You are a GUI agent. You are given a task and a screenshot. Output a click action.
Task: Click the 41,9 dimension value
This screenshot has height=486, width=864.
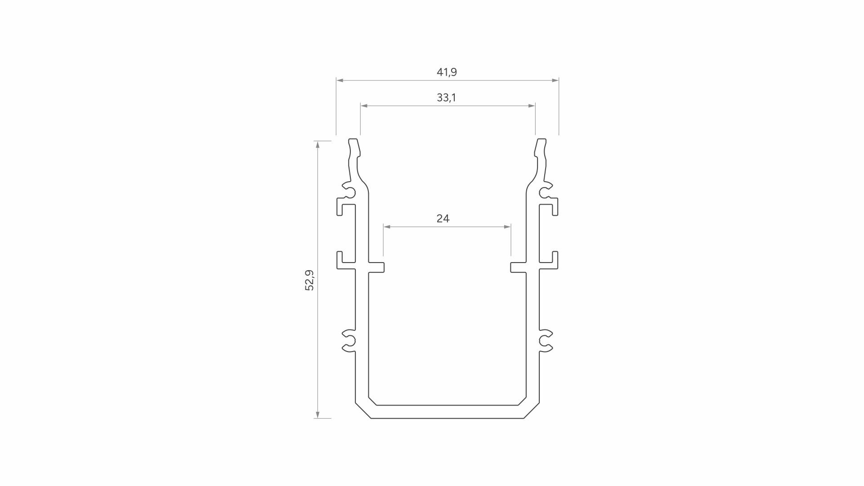tap(447, 72)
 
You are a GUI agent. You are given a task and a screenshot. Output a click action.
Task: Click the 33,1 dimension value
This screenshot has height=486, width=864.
tap(446, 98)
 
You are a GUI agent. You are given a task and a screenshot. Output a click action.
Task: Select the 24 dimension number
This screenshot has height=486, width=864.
tap(443, 218)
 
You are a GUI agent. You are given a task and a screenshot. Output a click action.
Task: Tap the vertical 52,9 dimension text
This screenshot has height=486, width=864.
tap(309, 280)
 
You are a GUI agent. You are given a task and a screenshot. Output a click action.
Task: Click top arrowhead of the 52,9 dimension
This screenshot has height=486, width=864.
tap(318, 144)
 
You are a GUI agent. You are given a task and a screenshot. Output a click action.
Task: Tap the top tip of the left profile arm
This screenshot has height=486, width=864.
tap(354, 140)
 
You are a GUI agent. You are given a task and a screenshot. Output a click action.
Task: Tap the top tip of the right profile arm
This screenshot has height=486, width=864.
tap(542, 140)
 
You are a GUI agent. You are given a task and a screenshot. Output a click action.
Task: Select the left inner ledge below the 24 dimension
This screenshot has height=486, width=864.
tap(377, 268)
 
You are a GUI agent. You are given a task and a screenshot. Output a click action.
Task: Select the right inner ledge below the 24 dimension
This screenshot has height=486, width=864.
tap(518, 268)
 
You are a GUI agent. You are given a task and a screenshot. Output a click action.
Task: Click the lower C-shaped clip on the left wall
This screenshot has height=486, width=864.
tap(349, 340)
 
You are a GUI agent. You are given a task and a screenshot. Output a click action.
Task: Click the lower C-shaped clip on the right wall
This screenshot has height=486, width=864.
tap(546, 340)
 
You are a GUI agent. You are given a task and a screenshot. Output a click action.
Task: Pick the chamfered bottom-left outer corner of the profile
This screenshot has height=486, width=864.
tap(363, 410)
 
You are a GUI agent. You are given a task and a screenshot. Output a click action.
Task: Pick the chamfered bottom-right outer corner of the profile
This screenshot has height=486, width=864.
tap(532, 410)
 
